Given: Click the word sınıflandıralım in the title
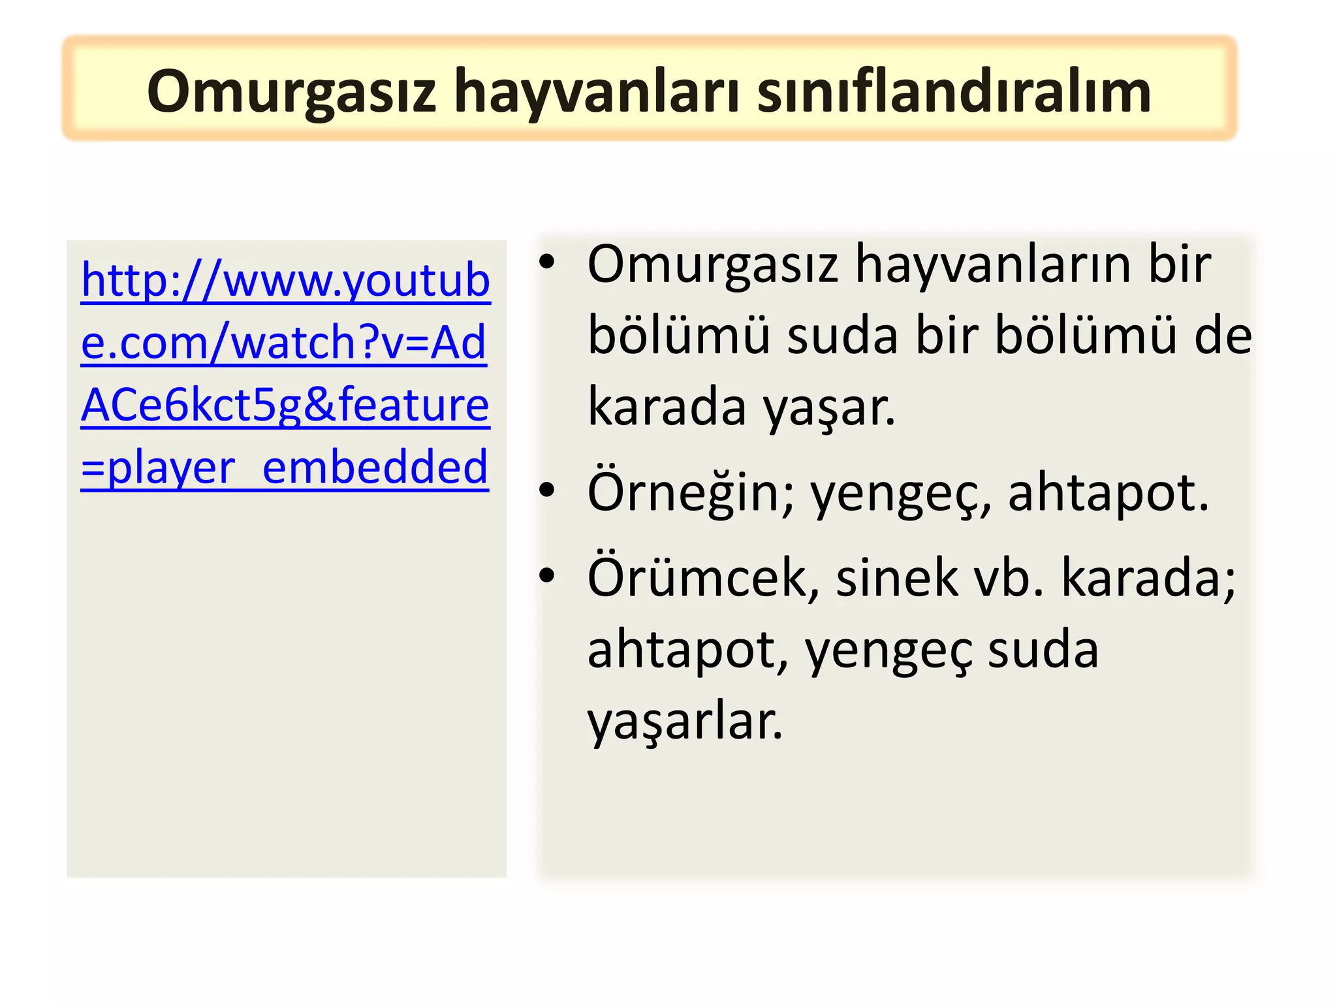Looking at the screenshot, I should coord(954,91).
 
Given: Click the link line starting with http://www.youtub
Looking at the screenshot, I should coord(285,281).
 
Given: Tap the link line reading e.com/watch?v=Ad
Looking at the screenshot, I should coord(283,342).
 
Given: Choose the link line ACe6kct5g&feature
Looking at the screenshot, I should coord(285,405).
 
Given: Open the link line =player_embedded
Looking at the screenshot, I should coord(285,468).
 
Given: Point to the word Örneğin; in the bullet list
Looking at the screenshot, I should coord(691,493).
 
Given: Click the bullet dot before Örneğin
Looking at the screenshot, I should coord(547,490).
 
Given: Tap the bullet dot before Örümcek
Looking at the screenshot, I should coord(547,575).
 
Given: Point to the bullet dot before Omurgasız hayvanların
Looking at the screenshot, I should coord(547,263).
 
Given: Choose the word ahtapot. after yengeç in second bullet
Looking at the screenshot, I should coord(1108,493).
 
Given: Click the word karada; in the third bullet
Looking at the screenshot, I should coord(1148,579).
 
